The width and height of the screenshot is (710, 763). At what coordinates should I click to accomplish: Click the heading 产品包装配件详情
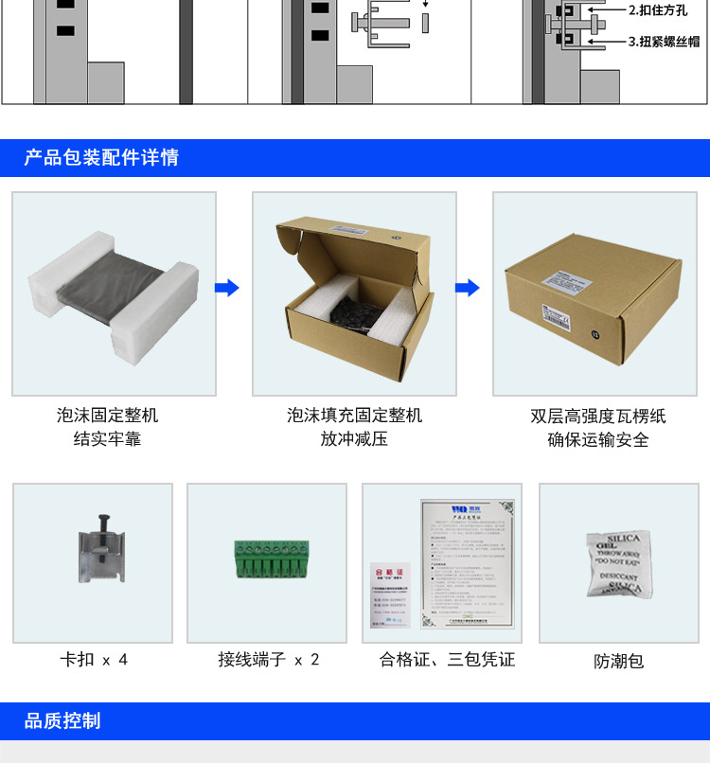(x=101, y=157)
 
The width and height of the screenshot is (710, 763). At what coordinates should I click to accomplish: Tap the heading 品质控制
(x=62, y=720)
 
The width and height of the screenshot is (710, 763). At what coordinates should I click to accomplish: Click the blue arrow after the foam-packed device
(x=227, y=288)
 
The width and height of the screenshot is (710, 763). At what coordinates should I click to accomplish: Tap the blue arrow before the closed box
(x=469, y=288)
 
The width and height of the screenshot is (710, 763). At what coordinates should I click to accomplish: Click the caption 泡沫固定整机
(x=107, y=415)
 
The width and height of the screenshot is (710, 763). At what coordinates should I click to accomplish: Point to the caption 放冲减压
(x=354, y=439)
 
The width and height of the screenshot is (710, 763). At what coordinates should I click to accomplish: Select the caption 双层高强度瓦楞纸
(x=598, y=416)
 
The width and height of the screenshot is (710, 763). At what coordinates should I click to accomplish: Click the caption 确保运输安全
(x=598, y=439)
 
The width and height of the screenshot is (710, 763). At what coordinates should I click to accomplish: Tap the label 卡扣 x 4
(x=94, y=659)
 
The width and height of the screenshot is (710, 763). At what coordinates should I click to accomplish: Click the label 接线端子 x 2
(x=269, y=659)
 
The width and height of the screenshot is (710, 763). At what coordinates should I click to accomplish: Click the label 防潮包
(x=619, y=661)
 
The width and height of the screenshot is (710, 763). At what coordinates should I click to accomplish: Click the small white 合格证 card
(x=391, y=595)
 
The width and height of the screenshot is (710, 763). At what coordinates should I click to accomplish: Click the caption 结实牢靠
(x=107, y=439)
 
